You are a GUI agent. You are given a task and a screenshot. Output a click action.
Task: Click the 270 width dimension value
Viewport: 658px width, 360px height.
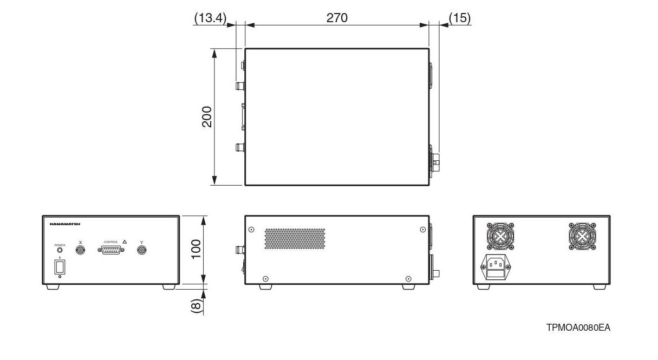[x=336, y=17]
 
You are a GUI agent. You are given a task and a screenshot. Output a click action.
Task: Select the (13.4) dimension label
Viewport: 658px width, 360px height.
[x=209, y=17]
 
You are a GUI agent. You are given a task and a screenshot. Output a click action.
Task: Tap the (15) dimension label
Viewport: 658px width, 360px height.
[x=460, y=17]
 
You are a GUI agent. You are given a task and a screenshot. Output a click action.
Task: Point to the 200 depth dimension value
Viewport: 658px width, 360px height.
[x=207, y=116]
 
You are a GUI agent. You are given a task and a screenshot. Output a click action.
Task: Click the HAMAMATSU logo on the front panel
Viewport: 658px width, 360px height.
[x=64, y=224]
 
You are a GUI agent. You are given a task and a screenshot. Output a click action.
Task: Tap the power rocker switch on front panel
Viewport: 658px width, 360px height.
[x=60, y=266]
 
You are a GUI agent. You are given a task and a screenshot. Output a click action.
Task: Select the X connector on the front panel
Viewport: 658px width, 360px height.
[x=80, y=250]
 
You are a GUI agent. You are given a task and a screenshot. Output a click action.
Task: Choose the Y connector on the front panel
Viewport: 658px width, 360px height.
[x=142, y=250]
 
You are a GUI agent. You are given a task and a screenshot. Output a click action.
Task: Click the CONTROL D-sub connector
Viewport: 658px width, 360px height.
[x=111, y=250]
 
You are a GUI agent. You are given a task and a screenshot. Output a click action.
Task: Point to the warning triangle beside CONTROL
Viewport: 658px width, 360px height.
[x=125, y=242]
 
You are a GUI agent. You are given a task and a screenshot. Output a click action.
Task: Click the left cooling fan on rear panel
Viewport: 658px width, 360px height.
[x=500, y=237]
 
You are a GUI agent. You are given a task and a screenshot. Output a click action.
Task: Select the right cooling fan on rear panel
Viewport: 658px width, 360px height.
[x=582, y=237]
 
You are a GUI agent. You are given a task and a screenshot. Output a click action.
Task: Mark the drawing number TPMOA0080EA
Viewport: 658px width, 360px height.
[x=578, y=328]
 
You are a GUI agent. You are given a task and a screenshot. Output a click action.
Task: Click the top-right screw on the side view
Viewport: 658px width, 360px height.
[x=422, y=230]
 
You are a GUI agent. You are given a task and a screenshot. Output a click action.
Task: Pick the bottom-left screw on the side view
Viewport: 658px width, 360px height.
[x=265, y=279]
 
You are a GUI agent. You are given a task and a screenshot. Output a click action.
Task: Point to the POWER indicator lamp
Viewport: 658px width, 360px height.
[x=60, y=251]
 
